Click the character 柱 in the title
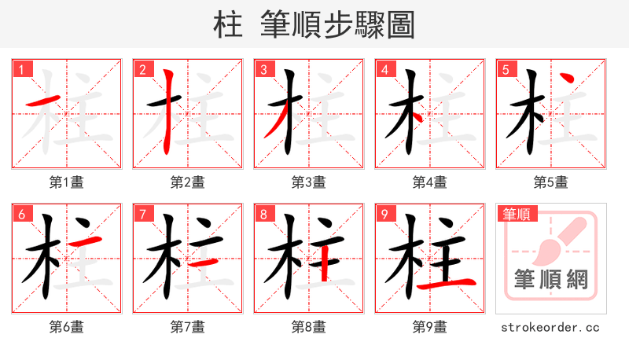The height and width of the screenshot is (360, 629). point(229,25)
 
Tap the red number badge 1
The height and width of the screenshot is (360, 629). point(21,69)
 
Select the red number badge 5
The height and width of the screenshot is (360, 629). point(506,69)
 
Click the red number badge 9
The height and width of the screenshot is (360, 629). point(384,214)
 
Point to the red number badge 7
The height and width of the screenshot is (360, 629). point(142,214)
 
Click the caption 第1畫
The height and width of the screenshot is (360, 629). point(67,182)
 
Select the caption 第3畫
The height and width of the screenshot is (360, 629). point(309,182)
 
